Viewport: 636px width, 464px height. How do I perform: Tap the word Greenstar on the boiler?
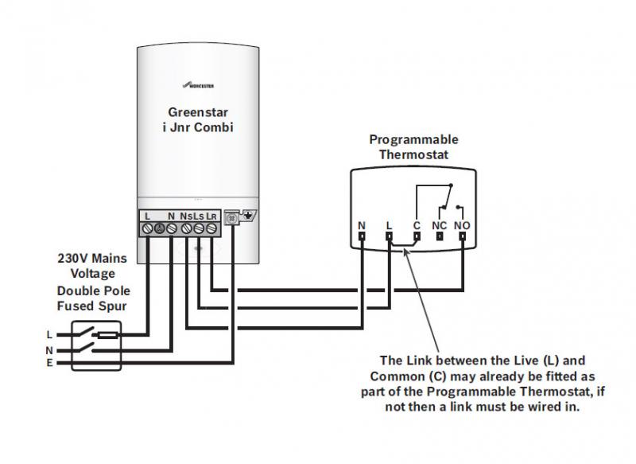[198, 112]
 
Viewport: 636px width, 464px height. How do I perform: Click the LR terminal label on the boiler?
[211, 216]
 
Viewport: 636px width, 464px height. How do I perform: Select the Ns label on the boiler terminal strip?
[185, 216]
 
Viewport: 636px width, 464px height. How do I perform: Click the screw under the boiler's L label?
[148, 229]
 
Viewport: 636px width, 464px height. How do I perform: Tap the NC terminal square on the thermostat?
[440, 236]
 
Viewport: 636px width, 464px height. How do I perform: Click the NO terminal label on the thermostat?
[463, 225]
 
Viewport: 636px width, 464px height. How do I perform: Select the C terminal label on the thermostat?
[416, 225]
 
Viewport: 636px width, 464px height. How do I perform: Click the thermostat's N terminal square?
[362, 236]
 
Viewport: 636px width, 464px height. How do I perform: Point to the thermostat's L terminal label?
[389, 225]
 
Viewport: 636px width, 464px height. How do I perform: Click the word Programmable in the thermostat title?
[413, 140]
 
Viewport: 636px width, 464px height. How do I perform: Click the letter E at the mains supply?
[49, 363]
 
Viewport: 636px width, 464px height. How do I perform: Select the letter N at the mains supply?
[49, 349]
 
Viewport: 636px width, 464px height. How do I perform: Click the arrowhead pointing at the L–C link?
[406, 251]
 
